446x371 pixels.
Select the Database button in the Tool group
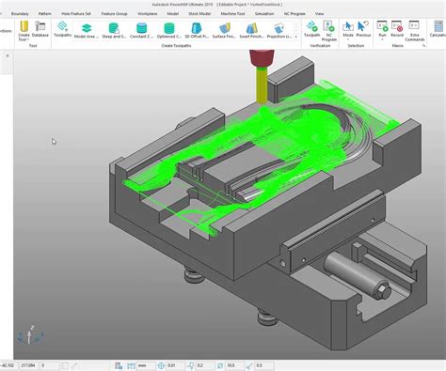pyautogui.click(x=40, y=30)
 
